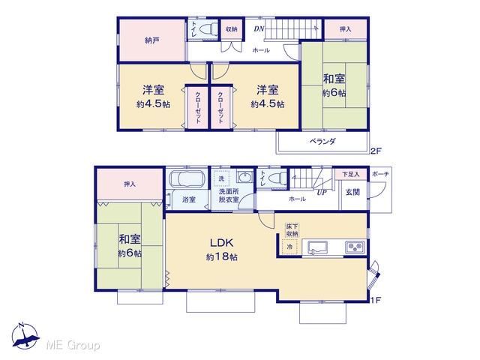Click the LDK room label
[x=222, y=243]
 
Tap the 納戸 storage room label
[x=151, y=40]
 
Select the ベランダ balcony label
[x=322, y=142]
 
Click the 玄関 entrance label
[x=352, y=192]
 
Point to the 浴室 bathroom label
[x=189, y=199]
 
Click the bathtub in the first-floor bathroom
[x=187, y=178]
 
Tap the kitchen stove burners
[x=355, y=247]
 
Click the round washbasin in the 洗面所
[x=245, y=177]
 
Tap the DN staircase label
[x=259, y=29]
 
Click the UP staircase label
[x=322, y=192]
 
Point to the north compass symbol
[x=25, y=336]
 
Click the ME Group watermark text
[x=73, y=345]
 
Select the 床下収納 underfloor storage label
[x=292, y=230]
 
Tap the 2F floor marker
[x=376, y=151]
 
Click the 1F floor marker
[x=376, y=300]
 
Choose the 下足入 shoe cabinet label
[x=350, y=174]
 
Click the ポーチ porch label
[x=380, y=174]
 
